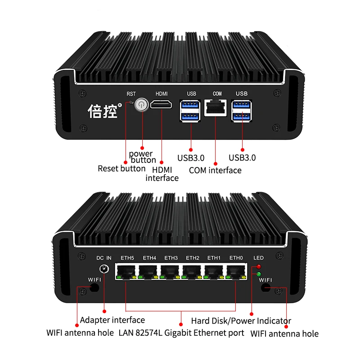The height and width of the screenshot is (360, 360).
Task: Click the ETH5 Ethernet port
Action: point(127,271)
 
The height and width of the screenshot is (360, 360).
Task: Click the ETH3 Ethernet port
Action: point(171,271)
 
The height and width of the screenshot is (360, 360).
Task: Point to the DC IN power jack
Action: point(104,269)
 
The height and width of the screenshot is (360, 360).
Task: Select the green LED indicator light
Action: point(259,274)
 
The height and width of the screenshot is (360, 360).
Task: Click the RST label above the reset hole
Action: point(131,94)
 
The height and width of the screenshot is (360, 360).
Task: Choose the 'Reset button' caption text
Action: point(121,169)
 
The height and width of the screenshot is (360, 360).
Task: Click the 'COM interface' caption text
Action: point(215,170)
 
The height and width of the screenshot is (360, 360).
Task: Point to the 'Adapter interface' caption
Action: point(112,320)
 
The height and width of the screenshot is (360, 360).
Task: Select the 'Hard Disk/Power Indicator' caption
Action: point(241,321)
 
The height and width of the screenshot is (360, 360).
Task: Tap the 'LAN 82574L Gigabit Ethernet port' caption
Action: point(181,333)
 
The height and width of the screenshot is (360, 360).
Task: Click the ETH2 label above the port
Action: point(192,258)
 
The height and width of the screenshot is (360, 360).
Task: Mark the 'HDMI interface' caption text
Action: point(162,173)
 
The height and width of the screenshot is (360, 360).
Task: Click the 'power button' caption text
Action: point(143,157)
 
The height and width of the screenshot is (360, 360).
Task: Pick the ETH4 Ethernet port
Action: point(149,271)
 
